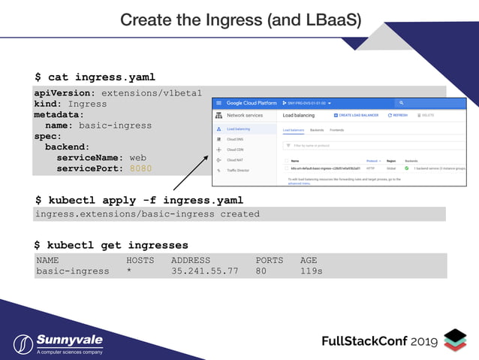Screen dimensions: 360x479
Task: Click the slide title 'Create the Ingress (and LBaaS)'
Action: (239, 20)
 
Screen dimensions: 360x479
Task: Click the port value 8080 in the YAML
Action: (140, 168)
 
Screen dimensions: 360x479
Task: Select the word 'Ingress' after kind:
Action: (88, 104)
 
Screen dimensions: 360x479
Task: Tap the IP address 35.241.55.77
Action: (204, 271)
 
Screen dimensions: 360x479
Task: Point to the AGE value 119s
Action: (311, 271)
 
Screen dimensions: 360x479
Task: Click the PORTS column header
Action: (269, 260)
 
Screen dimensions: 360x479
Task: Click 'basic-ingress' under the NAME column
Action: (72, 271)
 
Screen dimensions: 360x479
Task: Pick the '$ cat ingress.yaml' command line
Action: (95, 77)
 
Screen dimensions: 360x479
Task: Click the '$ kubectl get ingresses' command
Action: (111, 245)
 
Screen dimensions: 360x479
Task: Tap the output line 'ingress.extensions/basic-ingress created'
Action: (147, 214)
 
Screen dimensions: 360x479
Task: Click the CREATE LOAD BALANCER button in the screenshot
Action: (357, 115)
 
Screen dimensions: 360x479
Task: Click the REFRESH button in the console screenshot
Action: (398, 115)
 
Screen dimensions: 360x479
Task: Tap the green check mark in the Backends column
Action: (407, 168)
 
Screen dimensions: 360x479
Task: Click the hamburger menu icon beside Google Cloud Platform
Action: (218, 102)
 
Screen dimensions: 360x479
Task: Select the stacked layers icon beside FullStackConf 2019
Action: (455, 340)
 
